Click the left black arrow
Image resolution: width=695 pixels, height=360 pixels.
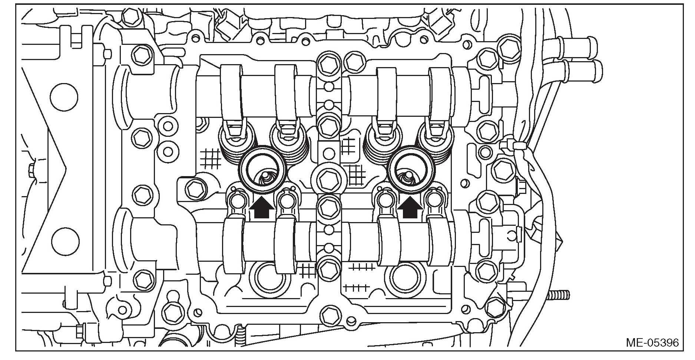point(262,209)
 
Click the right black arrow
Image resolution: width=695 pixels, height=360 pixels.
point(410,209)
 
